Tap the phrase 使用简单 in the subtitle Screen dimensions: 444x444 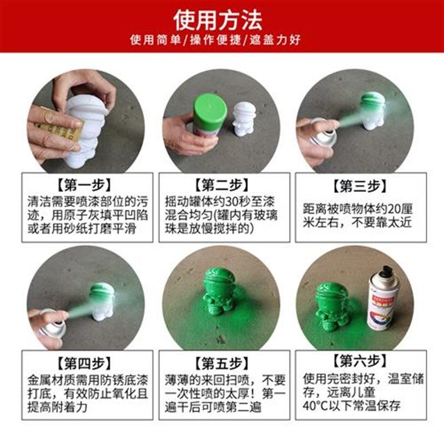tap(150, 41)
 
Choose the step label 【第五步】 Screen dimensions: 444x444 tap(222, 364)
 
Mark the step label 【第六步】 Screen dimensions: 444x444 tap(360, 363)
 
